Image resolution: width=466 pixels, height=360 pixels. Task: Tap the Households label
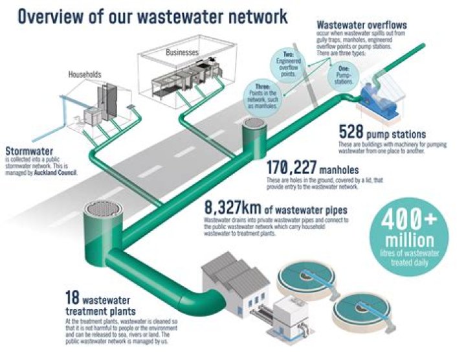click(85, 74)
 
